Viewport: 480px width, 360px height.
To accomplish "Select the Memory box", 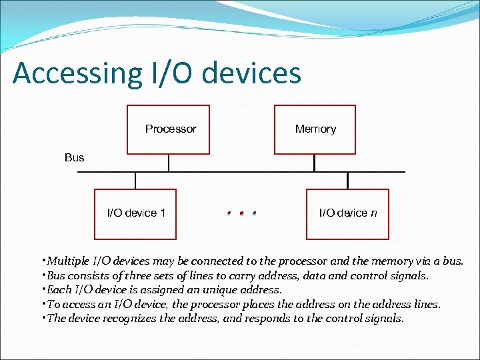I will pyautogui.click(x=315, y=129).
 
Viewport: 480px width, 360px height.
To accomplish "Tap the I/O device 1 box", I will pyautogui.click(x=135, y=213).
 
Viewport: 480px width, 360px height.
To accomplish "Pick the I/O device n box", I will pyautogui.click(x=347, y=213).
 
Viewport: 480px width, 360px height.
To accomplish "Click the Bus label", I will pyautogui.click(x=75, y=157).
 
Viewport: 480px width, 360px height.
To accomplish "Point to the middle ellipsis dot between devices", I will pyautogui.click(x=241, y=214).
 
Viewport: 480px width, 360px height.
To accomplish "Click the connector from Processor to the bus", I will pyautogui.click(x=169, y=163).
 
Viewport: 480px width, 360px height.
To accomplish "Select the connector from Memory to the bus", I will pyautogui.click(x=315, y=163).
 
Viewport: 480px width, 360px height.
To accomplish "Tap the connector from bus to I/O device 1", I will pyautogui.click(x=135, y=181).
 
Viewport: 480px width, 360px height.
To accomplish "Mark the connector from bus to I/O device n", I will pyautogui.click(x=347, y=181).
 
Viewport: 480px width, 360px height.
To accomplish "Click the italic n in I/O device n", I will pyautogui.click(x=374, y=213).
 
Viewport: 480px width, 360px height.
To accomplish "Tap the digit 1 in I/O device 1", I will pyautogui.click(x=163, y=213).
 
